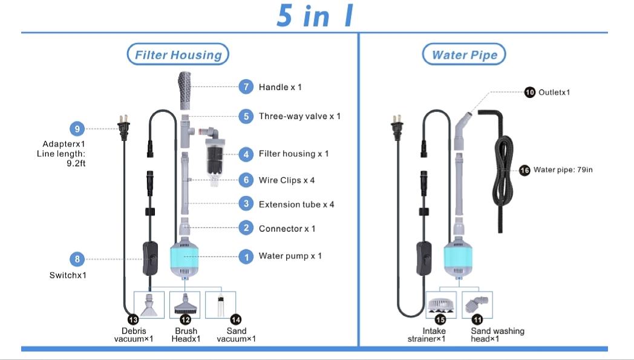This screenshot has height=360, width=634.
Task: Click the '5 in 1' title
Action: click(315, 16)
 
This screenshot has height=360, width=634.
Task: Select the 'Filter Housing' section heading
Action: click(178, 55)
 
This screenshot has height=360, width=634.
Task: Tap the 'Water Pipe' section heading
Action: click(464, 55)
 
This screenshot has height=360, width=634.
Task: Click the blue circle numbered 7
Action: click(246, 87)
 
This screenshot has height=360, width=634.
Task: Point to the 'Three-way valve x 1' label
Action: click(299, 116)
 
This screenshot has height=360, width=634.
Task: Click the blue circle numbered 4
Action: click(246, 154)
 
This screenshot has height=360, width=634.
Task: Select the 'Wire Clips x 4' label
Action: click(287, 180)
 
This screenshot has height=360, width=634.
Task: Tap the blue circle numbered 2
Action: click(246, 228)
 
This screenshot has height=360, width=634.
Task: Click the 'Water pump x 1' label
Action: click(290, 256)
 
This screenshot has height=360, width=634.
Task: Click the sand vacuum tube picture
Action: click(220, 304)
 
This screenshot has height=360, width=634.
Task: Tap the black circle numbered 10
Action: click(530, 93)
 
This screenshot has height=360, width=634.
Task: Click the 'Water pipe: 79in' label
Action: click(563, 170)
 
